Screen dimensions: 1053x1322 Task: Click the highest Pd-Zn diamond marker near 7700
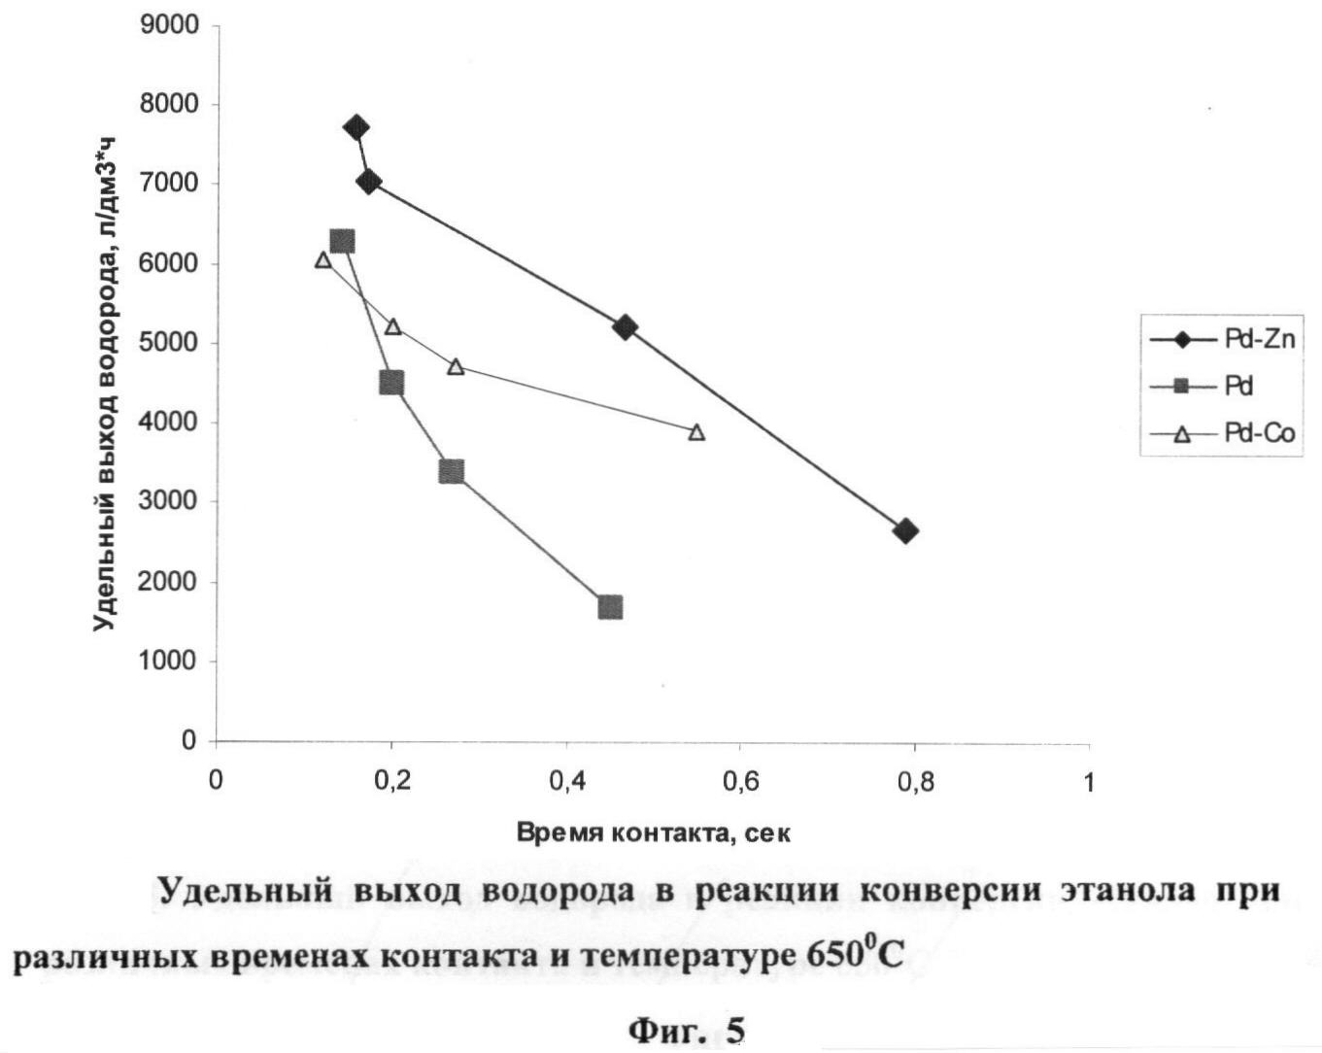point(356,127)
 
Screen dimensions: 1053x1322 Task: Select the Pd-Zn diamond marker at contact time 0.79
point(905,531)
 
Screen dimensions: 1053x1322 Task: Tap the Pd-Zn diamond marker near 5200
point(625,327)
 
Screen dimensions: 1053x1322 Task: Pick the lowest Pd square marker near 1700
point(610,608)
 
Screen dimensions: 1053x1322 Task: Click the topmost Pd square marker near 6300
point(342,241)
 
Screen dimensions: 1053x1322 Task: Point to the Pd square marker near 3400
point(451,472)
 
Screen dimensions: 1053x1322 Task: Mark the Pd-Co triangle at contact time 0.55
point(696,432)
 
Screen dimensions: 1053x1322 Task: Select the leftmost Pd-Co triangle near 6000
point(323,260)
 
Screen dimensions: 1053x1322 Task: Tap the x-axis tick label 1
point(1088,782)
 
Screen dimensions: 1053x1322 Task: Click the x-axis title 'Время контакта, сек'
point(653,832)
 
